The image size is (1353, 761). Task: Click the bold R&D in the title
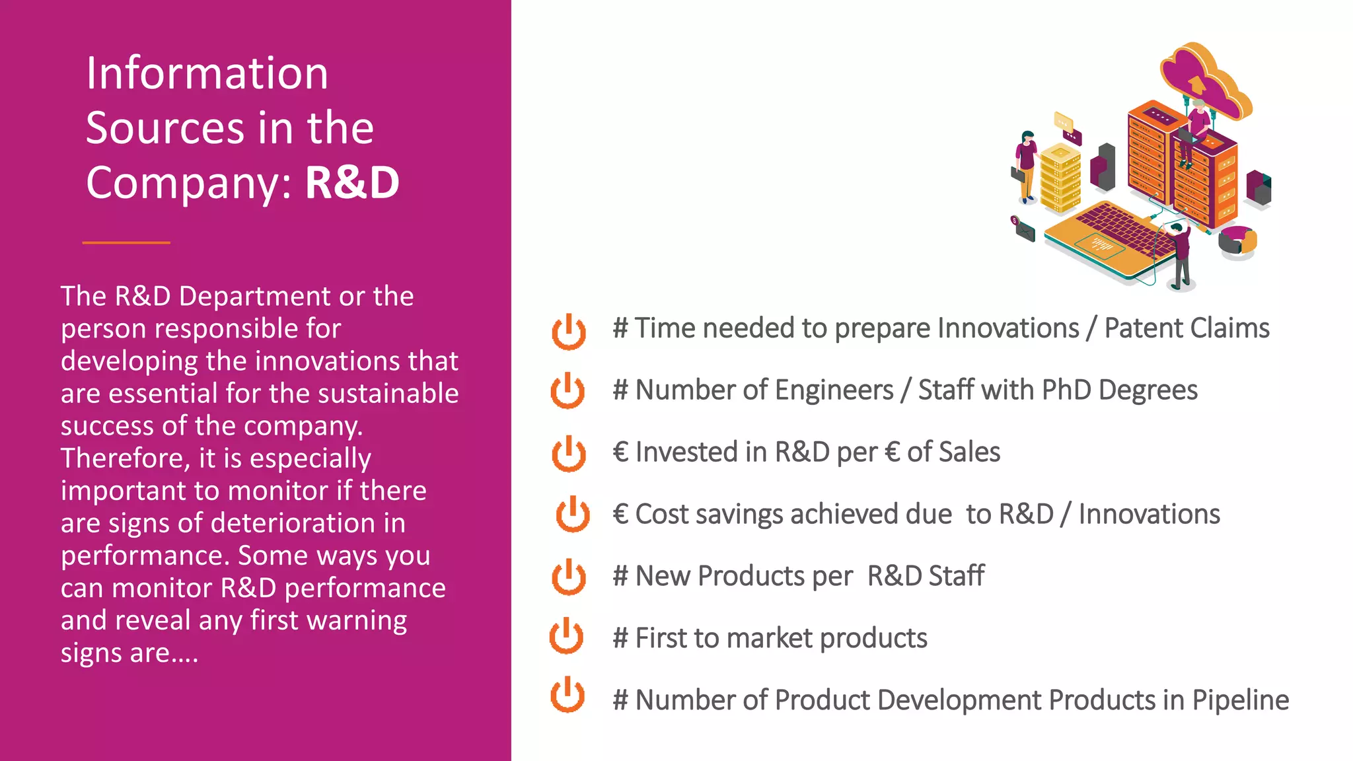[352, 182]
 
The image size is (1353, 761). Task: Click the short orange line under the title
[126, 242]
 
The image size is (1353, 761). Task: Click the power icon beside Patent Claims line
[568, 331]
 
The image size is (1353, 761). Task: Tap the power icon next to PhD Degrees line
[567, 390]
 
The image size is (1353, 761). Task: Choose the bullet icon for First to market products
[566, 636]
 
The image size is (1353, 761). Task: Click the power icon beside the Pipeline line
[567, 695]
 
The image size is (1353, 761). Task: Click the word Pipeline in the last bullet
[1240, 700]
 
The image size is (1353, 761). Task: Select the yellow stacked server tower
[1060, 178]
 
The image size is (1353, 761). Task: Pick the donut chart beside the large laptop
[1237, 242]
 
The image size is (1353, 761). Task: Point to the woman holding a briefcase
[1026, 165]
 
